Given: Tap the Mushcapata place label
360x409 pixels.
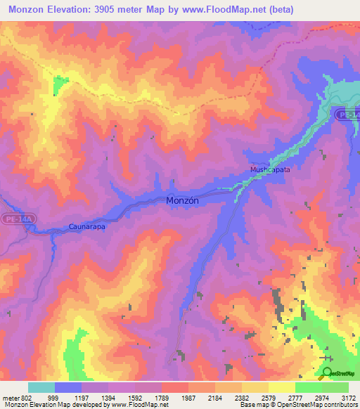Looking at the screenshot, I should pyautogui.click(x=271, y=170).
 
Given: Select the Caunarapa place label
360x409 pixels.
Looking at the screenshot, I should pyautogui.click(x=88, y=226).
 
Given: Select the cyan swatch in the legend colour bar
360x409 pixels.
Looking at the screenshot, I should pyautogui.click(x=41, y=387).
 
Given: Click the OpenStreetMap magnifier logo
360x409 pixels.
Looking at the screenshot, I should pyautogui.click(x=327, y=372).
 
